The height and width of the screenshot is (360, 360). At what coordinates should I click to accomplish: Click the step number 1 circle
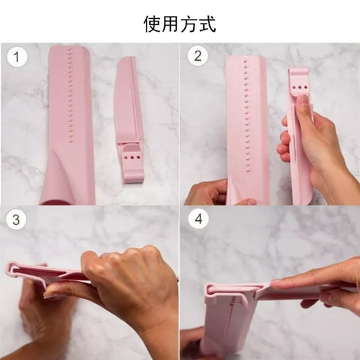(x=17, y=57)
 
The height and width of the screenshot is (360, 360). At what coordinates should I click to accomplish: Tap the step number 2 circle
(x=197, y=57)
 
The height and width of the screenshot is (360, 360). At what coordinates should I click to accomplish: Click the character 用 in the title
(x=171, y=24)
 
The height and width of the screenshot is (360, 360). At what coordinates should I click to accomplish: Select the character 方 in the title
(x=190, y=24)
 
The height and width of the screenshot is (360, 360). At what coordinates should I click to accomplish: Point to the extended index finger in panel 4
(x=304, y=282)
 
